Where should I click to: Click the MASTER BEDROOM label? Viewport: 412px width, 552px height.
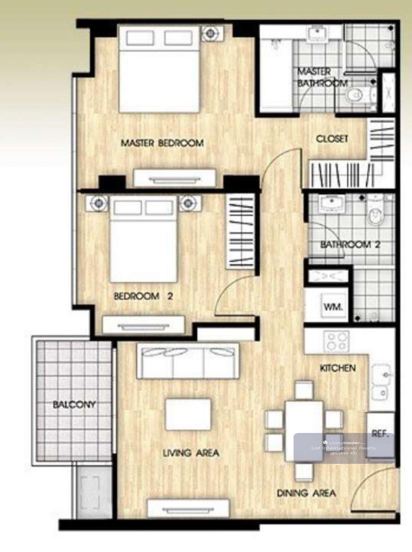click(162, 143)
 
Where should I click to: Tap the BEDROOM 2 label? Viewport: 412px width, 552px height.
click(143, 296)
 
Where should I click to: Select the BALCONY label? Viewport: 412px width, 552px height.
click(74, 404)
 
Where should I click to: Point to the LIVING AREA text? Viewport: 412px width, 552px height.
click(191, 453)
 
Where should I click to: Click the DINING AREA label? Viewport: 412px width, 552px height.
click(307, 493)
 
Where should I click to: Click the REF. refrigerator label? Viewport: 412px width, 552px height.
click(380, 434)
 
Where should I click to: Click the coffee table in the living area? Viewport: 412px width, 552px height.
click(188, 414)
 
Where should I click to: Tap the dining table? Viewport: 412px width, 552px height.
click(304, 431)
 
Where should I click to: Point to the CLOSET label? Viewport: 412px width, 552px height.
click(332, 139)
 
